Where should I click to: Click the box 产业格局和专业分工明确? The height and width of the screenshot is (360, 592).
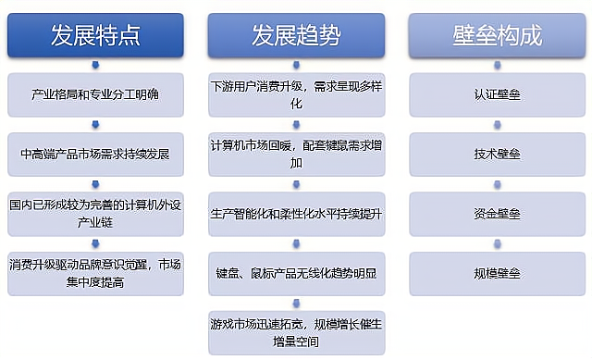95,94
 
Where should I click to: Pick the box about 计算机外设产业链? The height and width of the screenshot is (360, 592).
95,213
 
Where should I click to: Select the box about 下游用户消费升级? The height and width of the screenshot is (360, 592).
296,94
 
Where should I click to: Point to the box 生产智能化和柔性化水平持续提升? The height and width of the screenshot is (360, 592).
296,213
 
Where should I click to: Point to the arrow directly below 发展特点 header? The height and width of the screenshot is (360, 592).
95,65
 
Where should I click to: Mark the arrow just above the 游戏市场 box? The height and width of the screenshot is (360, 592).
296,302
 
